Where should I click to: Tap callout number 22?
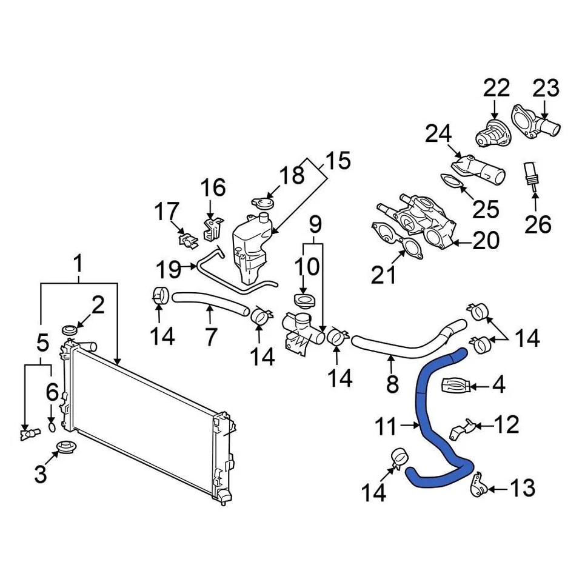pyautogui.click(x=497, y=89)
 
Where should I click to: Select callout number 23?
pyautogui.click(x=546, y=89)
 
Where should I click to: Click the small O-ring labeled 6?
pyautogui.click(x=52, y=427)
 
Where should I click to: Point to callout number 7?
pyautogui.click(x=210, y=336)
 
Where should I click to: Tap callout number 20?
pyautogui.click(x=485, y=240)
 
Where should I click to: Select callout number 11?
pyautogui.click(x=386, y=427)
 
